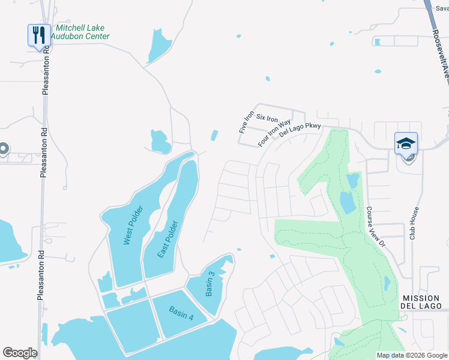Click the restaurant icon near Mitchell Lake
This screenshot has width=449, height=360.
38,35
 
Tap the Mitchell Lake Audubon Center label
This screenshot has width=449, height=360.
82,32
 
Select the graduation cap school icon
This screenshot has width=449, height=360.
406,145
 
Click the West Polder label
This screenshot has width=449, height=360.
133,225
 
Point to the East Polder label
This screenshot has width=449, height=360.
167,239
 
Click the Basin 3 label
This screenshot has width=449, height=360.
209,284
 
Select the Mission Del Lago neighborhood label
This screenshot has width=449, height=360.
422,302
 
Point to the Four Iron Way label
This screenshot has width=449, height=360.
274,133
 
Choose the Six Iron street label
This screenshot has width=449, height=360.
269,117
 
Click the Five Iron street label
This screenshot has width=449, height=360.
244,122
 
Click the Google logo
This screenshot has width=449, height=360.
20,353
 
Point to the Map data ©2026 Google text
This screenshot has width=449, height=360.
411,355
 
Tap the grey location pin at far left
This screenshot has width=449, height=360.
3,149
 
